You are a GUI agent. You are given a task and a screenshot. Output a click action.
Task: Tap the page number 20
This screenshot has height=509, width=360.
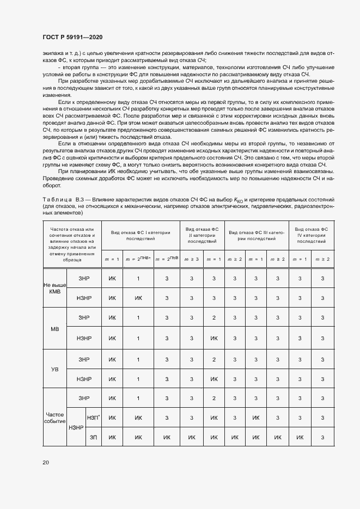click(x=46, y=462)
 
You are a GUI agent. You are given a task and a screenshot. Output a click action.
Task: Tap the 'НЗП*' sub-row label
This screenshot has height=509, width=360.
click(x=93, y=418)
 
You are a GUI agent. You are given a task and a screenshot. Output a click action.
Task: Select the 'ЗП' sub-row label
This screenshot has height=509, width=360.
click(x=93, y=437)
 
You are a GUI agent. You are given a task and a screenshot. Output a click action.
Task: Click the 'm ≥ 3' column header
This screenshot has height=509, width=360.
click(x=191, y=259)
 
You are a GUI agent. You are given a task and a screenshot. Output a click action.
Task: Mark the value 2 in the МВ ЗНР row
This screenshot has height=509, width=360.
click(x=214, y=318)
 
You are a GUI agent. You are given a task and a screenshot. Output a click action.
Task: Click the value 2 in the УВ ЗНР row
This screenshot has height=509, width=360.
click(x=214, y=359)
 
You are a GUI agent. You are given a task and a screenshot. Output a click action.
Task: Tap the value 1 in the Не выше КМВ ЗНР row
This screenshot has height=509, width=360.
click(x=138, y=278)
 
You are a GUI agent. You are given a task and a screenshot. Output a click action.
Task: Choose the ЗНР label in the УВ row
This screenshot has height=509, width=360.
click(x=83, y=359)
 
